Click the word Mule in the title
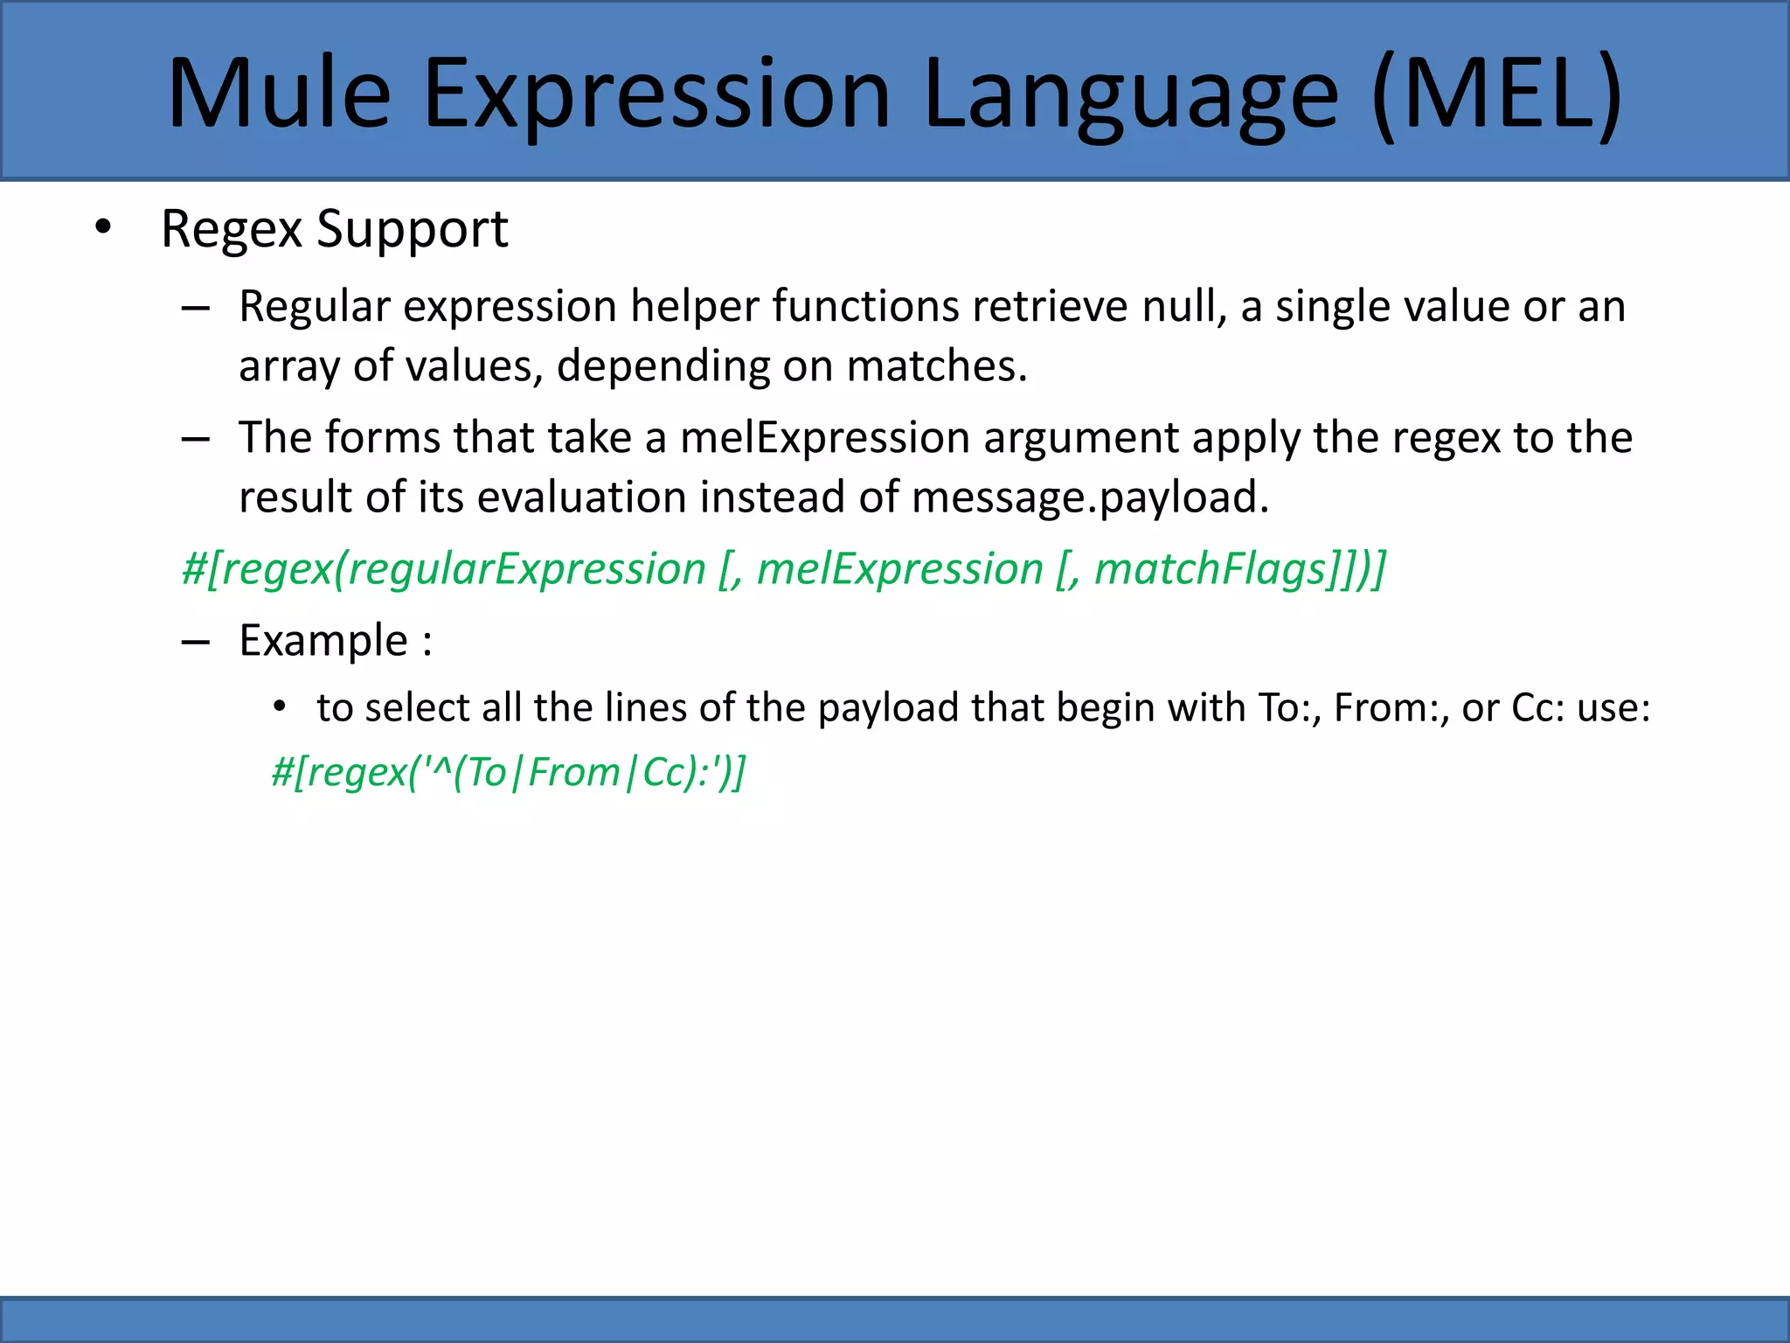pos(279,93)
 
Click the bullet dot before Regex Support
pos(103,227)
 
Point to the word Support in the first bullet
pos(412,229)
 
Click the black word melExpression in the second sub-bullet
pos(825,437)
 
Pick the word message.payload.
pos(1090,498)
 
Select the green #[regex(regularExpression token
pos(443,569)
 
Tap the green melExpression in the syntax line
pos(899,569)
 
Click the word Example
pos(323,640)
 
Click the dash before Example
pos(196,643)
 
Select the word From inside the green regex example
pos(574,772)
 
